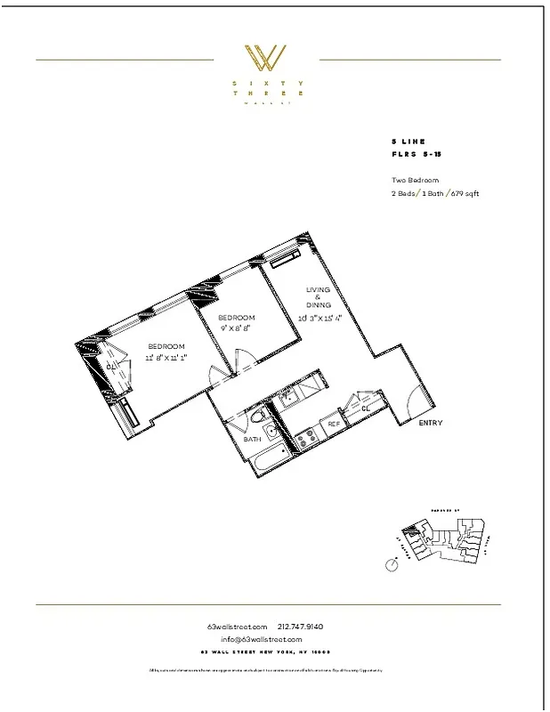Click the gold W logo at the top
click(x=266, y=60)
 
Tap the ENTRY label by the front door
click(x=430, y=423)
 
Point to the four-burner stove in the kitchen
click(x=307, y=437)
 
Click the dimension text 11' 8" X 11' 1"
click(x=166, y=357)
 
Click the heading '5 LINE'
click(x=408, y=142)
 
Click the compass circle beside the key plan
click(x=392, y=564)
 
